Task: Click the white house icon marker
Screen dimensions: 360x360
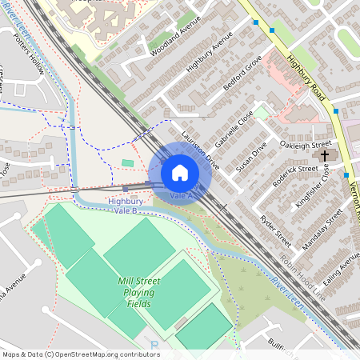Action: (180, 173)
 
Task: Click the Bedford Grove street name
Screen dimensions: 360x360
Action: (243, 74)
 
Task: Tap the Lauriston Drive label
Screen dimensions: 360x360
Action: (200, 144)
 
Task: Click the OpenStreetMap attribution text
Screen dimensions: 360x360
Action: (81, 354)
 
